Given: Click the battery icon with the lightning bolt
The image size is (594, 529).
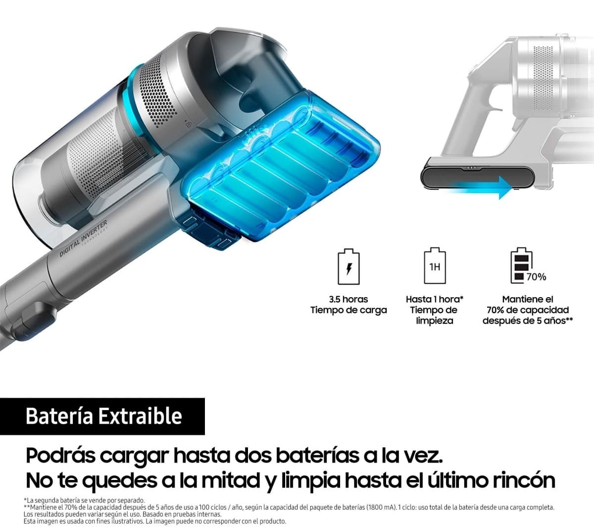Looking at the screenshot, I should point(348,267).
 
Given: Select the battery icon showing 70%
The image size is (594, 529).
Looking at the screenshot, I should point(521,266).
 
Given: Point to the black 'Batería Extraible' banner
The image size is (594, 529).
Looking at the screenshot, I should point(102,416).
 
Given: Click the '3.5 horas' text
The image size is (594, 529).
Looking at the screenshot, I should point(348,299).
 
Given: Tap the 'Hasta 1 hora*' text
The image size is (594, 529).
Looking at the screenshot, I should point(435,299).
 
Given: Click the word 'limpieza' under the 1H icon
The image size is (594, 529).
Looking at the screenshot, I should point(435,321).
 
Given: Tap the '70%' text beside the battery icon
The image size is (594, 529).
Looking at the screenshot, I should point(536,277).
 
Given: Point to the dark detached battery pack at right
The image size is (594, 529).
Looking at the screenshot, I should point(478,176).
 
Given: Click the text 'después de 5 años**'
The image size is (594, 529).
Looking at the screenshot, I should point(528,321).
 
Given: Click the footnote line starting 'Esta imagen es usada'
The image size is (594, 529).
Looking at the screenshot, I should point(155,522).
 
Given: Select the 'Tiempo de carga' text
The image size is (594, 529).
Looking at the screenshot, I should point(348,310).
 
